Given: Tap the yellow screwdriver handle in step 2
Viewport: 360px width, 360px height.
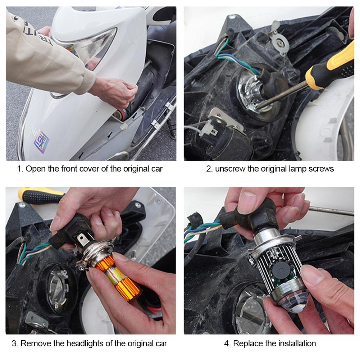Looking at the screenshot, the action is pyautogui.click(x=331, y=67).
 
